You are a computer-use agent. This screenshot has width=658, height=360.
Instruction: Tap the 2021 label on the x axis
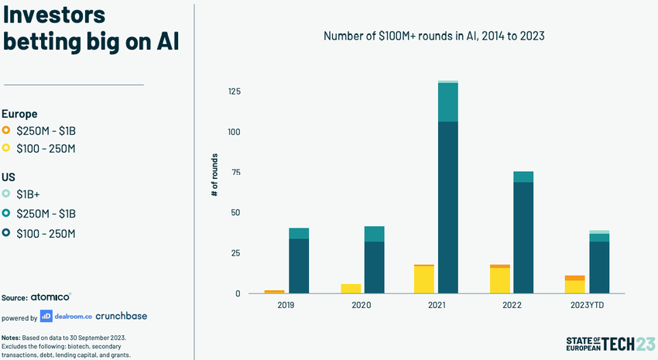pos(437,305)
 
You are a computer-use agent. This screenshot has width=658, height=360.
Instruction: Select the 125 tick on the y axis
pos(234,92)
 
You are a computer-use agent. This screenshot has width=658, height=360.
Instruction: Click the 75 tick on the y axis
pos(236,173)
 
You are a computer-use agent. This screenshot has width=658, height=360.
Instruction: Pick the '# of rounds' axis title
pos(214,174)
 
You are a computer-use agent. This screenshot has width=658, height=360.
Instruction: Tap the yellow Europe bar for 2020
pos(351,289)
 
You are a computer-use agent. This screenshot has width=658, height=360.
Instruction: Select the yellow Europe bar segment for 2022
pos(499,280)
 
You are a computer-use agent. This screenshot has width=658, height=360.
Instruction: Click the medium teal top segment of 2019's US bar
pos(299,233)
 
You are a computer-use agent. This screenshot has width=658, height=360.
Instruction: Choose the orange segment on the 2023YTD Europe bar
pos(574,277)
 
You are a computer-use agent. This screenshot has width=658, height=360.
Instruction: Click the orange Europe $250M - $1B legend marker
pos(6,131)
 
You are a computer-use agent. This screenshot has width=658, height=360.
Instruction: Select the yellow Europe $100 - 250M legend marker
pos(6,149)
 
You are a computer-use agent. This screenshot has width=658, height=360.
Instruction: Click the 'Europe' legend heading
pos(19,113)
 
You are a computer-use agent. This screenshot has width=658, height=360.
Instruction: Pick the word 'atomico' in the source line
pos(51,297)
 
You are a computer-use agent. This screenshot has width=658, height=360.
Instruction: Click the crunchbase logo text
pos(121,316)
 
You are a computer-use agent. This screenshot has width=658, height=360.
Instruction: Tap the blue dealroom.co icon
pos(46,316)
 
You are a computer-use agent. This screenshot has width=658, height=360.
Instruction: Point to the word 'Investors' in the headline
pos(54,15)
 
